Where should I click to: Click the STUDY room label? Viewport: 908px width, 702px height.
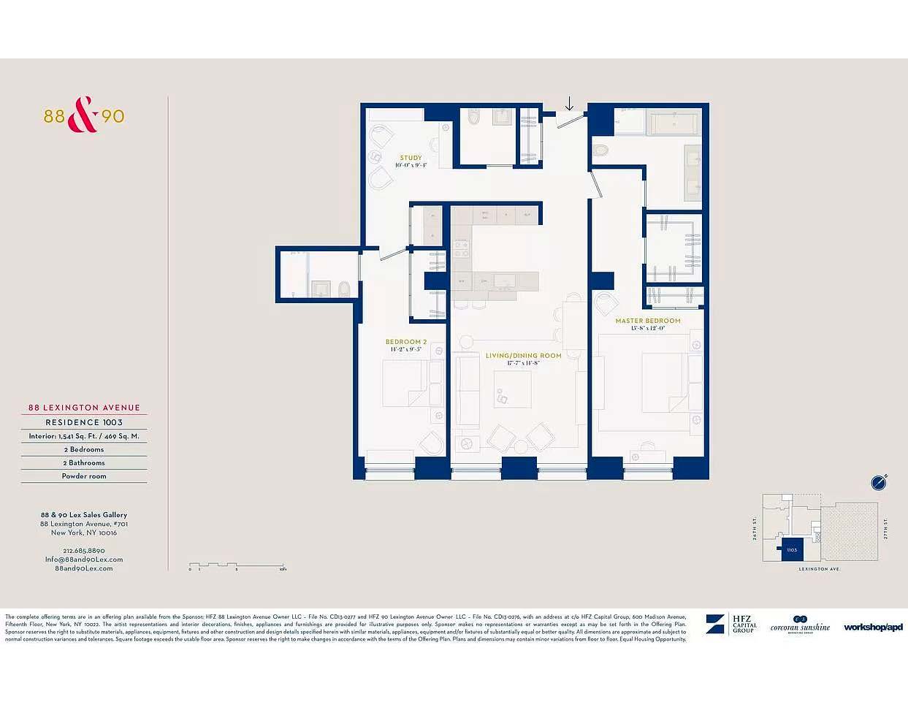[411, 158]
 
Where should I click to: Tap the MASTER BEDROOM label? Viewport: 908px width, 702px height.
[647, 321]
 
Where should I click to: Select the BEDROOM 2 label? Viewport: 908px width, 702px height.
[405, 342]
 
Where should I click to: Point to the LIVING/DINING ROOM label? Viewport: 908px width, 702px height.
[523, 356]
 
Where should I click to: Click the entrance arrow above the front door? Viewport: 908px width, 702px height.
[569, 104]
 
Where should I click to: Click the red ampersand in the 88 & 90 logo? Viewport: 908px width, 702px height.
[83, 115]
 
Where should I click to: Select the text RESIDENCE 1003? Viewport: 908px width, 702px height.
[84, 422]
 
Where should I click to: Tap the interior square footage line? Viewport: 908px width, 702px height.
[84, 436]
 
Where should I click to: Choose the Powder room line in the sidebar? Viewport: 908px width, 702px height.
[84, 476]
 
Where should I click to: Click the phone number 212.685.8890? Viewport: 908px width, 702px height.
[84, 551]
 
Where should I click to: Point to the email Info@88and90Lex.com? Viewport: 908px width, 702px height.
[84, 560]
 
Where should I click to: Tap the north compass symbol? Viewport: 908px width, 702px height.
[879, 482]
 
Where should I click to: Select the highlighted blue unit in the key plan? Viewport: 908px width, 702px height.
[792, 550]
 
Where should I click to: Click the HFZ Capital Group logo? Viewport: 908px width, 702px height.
[731, 625]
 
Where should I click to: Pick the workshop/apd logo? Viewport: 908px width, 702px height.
[873, 627]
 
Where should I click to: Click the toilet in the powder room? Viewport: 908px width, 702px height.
[344, 289]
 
